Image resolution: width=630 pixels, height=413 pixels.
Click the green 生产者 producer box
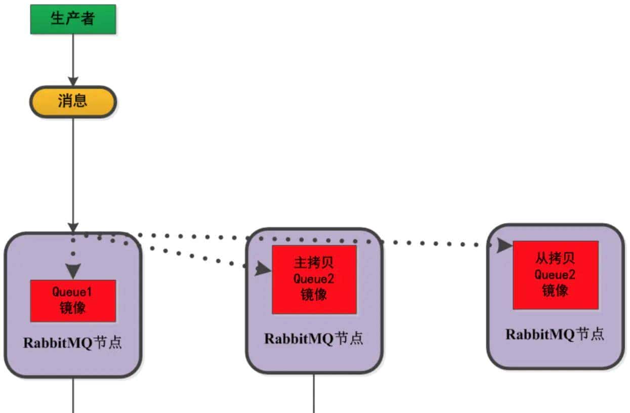pos(73,19)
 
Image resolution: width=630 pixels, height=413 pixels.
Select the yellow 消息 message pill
pos(73,102)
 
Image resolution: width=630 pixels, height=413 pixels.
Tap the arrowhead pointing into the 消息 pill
pos(73,81)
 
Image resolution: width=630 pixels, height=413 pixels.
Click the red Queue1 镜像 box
pos(73,301)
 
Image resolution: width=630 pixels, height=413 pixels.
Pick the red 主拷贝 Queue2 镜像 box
pos(314,279)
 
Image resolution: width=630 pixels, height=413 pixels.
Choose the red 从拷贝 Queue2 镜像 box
pos(556,275)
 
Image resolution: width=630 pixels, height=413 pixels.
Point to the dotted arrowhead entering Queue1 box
pos(73,271)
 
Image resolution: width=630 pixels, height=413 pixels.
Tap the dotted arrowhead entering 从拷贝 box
pos(504,245)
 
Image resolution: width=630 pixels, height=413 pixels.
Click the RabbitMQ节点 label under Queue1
pos(72,343)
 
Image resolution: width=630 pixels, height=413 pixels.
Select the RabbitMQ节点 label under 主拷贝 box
pos(314,339)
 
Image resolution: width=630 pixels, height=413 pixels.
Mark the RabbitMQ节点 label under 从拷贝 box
pos(555,335)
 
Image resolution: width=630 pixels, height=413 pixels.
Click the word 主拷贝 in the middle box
pos(314,263)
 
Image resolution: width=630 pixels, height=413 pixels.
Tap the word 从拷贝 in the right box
pos(555,259)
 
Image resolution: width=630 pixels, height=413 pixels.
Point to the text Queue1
pos(72,292)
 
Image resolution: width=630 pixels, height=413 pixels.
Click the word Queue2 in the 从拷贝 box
pos(555,275)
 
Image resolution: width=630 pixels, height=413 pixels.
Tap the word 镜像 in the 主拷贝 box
pos(314,295)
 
